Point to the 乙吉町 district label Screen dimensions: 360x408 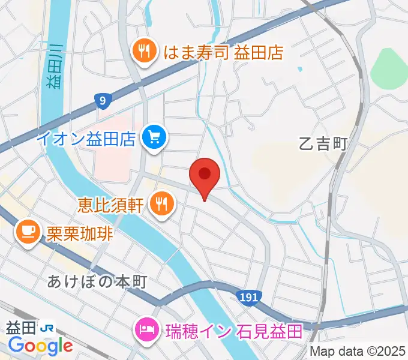click(323, 144)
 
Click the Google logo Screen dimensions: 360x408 click(40, 346)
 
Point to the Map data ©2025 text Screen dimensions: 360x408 click(358, 351)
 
